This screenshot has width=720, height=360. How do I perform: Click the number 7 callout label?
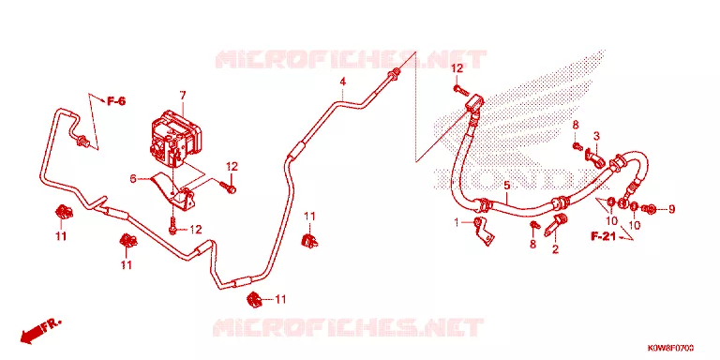[x=183, y=96]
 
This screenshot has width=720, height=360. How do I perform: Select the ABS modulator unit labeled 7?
[x=174, y=137]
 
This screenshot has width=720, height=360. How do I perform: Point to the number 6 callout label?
[x=133, y=179]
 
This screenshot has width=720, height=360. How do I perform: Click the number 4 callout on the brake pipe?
[x=342, y=82]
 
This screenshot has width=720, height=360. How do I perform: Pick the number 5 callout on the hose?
[x=507, y=186]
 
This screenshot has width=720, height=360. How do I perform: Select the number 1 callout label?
[x=457, y=223]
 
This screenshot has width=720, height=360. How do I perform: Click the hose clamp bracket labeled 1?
[x=484, y=231]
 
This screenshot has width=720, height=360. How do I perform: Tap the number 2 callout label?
[x=555, y=249]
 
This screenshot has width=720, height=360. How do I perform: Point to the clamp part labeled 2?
[x=555, y=224]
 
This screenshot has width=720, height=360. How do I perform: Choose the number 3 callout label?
[x=596, y=136]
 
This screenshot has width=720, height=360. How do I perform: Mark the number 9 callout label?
[x=672, y=209]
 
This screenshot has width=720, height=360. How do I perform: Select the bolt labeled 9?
[x=650, y=210]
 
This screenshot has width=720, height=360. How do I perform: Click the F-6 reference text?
[x=116, y=101]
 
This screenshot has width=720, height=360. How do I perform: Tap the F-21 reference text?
[x=604, y=236]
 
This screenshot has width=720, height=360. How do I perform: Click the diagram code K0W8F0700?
[x=670, y=347]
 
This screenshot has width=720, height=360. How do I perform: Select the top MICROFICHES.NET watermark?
[x=351, y=60]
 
